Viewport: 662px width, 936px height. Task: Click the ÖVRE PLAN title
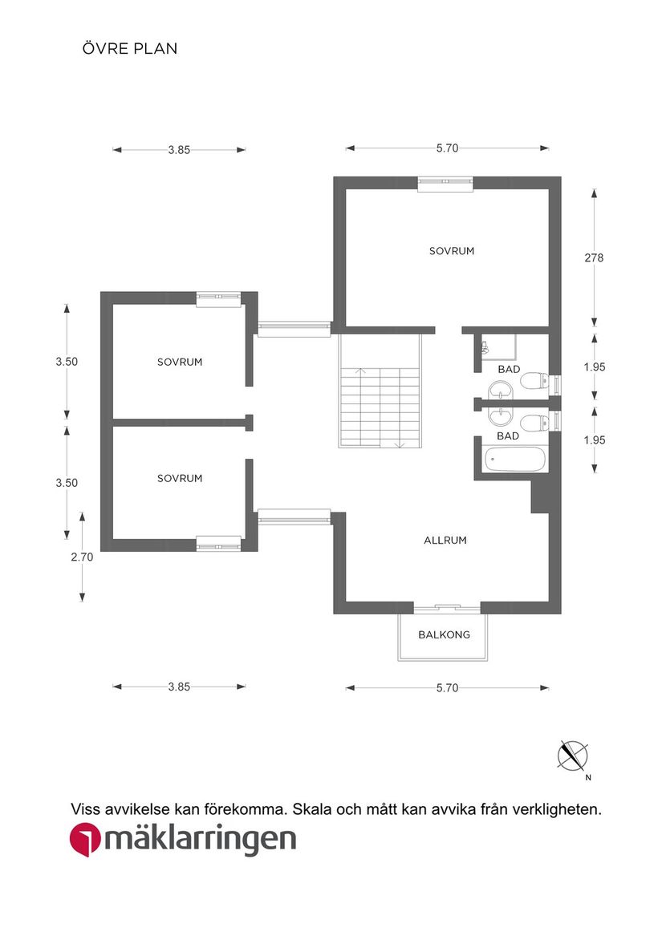[x=129, y=49]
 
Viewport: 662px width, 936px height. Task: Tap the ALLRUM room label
[x=445, y=541]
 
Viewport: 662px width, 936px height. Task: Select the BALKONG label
[x=444, y=635]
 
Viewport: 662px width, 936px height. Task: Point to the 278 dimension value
[x=594, y=258]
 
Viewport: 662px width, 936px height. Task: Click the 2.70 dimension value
[x=83, y=557]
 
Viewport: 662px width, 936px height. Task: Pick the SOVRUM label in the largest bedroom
[x=452, y=251]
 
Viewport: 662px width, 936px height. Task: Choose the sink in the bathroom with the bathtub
[x=502, y=416]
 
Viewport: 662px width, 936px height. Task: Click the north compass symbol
[x=573, y=756]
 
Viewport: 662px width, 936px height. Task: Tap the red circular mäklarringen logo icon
[x=85, y=841]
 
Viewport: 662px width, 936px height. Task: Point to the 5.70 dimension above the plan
[x=447, y=148]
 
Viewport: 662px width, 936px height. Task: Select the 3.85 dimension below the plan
[x=179, y=687]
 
